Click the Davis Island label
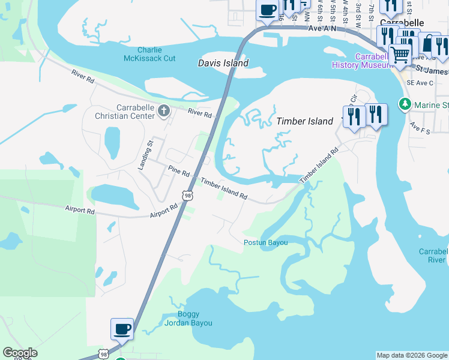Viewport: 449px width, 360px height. (223, 62)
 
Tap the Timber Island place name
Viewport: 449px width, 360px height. (304, 121)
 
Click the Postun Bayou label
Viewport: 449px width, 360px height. (265, 242)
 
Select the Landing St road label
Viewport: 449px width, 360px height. (144, 154)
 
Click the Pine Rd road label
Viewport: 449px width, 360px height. (179, 171)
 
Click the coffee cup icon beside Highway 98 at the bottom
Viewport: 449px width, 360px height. (122, 329)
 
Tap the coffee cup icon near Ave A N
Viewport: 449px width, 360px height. (267, 10)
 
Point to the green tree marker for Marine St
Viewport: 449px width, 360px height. (405, 104)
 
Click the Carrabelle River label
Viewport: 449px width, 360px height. (433, 256)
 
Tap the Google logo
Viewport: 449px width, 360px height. (19, 353)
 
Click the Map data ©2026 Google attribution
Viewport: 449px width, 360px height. (412, 355)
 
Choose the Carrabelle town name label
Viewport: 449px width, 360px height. (402, 23)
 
